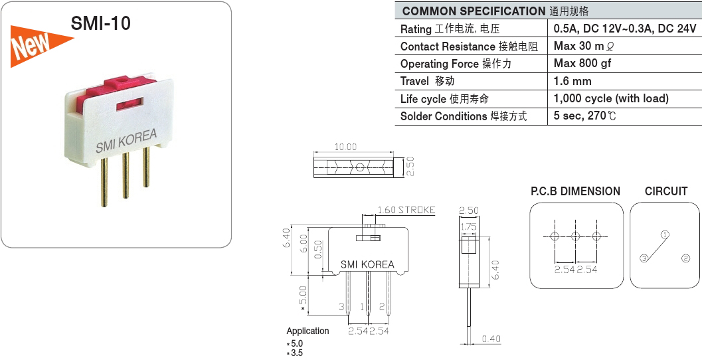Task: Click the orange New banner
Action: click(x=38, y=45)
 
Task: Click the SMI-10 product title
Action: click(x=101, y=23)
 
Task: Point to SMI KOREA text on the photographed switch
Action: click(x=126, y=141)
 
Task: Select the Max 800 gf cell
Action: click(x=582, y=63)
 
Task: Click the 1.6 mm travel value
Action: click(x=572, y=81)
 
